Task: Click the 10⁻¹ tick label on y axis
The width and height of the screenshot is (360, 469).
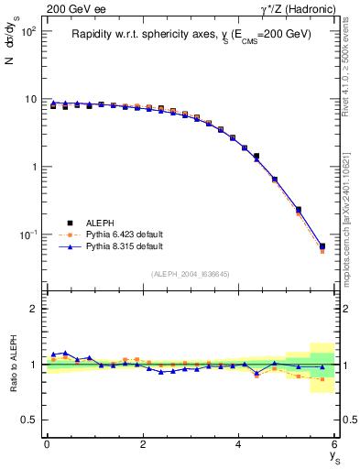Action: pyautogui.click(x=24, y=234)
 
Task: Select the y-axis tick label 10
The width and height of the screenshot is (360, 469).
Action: pyautogui.click(x=27, y=99)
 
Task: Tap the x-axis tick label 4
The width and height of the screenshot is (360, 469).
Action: pyautogui.click(x=239, y=444)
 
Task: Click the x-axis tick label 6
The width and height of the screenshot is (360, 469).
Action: pyautogui.click(x=335, y=444)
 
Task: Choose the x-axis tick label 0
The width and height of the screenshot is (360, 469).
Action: pyautogui.click(x=47, y=444)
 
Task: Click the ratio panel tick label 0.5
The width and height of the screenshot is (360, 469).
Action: pyautogui.click(x=28, y=420)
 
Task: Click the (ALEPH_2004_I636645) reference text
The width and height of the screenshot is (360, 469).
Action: pyautogui.click(x=191, y=274)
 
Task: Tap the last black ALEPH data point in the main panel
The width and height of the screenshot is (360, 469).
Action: pyautogui.click(x=322, y=246)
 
